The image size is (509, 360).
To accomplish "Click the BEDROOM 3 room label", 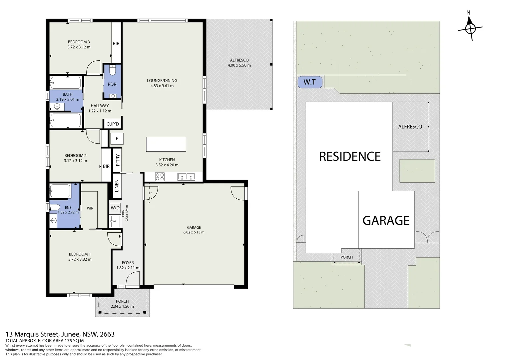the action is pos(79,42).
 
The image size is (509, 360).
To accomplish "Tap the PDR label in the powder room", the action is pos(112,84).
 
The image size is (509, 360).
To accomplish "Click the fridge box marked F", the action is pos(117,138).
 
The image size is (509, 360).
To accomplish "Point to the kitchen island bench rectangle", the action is pos(166,144).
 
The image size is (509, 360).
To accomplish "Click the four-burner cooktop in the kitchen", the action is pos(160,177).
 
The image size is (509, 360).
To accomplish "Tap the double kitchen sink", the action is pos(186,176).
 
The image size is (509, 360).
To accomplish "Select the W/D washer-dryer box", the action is pos(115,208).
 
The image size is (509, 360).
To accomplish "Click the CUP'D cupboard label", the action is pos(113,124).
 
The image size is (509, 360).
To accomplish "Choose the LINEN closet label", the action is pos(117,186).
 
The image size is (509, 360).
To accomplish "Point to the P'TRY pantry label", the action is pos(118,160).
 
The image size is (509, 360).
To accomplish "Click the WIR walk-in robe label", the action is pos(90,208).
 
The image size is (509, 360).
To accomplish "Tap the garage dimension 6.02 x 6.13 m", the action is pos(194,232).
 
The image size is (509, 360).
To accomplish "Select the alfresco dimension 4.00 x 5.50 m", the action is pos(239,65).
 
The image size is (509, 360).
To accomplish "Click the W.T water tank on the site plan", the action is pos(310,82).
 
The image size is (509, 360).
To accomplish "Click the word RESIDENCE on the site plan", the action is pos(350,156).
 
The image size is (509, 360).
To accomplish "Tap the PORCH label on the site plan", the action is pos(346,257).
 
